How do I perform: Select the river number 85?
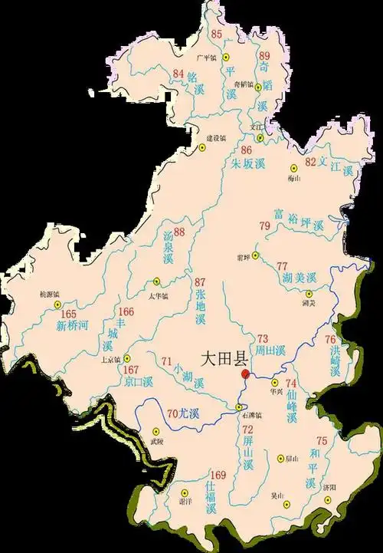(x=216, y=34)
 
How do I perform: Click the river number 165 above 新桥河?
(x=69, y=314)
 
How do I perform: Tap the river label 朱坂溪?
(x=247, y=163)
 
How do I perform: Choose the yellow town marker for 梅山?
(x=292, y=168)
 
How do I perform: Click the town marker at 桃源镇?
(x=57, y=304)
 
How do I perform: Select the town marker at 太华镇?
(x=157, y=282)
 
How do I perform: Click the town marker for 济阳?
(x=328, y=499)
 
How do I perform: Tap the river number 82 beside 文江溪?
(x=310, y=162)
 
